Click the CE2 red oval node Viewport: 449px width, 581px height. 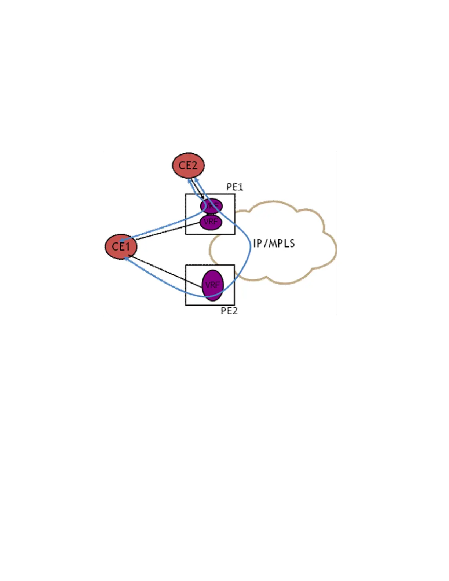pyautogui.click(x=188, y=165)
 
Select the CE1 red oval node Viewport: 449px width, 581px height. pyautogui.click(x=121, y=246)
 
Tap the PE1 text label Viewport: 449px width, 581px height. pyautogui.click(x=234, y=187)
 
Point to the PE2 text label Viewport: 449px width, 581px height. pyautogui.click(x=229, y=311)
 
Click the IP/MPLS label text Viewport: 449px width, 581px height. pyautogui.click(x=274, y=243)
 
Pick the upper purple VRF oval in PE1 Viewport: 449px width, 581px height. pyautogui.click(x=212, y=206)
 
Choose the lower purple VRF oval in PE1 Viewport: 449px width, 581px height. pyautogui.click(x=211, y=222)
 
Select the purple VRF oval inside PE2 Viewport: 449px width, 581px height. pyautogui.click(x=213, y=285)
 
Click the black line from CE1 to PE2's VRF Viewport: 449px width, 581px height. pyautogui.click(x=165, y=270)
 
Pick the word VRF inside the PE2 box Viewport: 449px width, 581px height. pyautogui.click(x=212, y=285)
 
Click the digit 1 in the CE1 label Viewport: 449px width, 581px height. pyautogui.click(x=127, y=246)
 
